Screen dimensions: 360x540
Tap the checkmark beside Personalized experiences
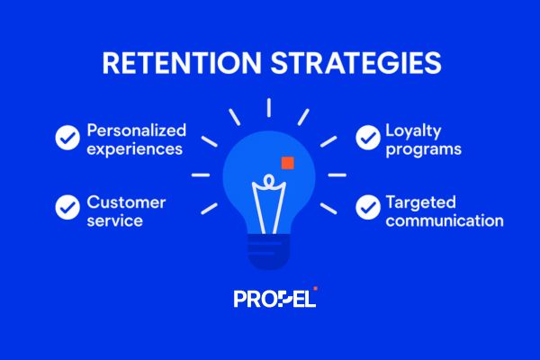point(67,138)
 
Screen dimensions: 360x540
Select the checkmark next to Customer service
point(67,207)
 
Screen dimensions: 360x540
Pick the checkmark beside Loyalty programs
point(367,138)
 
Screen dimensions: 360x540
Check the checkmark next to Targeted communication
point(367,207)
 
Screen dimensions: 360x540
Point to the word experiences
point(134,148)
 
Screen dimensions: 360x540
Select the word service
point(114,220)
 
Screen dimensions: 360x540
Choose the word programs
point(423,149)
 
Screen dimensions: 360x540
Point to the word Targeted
point(420,200)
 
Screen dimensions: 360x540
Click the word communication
point(444,220)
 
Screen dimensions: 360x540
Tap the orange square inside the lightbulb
point(287,163)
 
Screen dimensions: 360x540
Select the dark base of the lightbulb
point(269,257)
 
